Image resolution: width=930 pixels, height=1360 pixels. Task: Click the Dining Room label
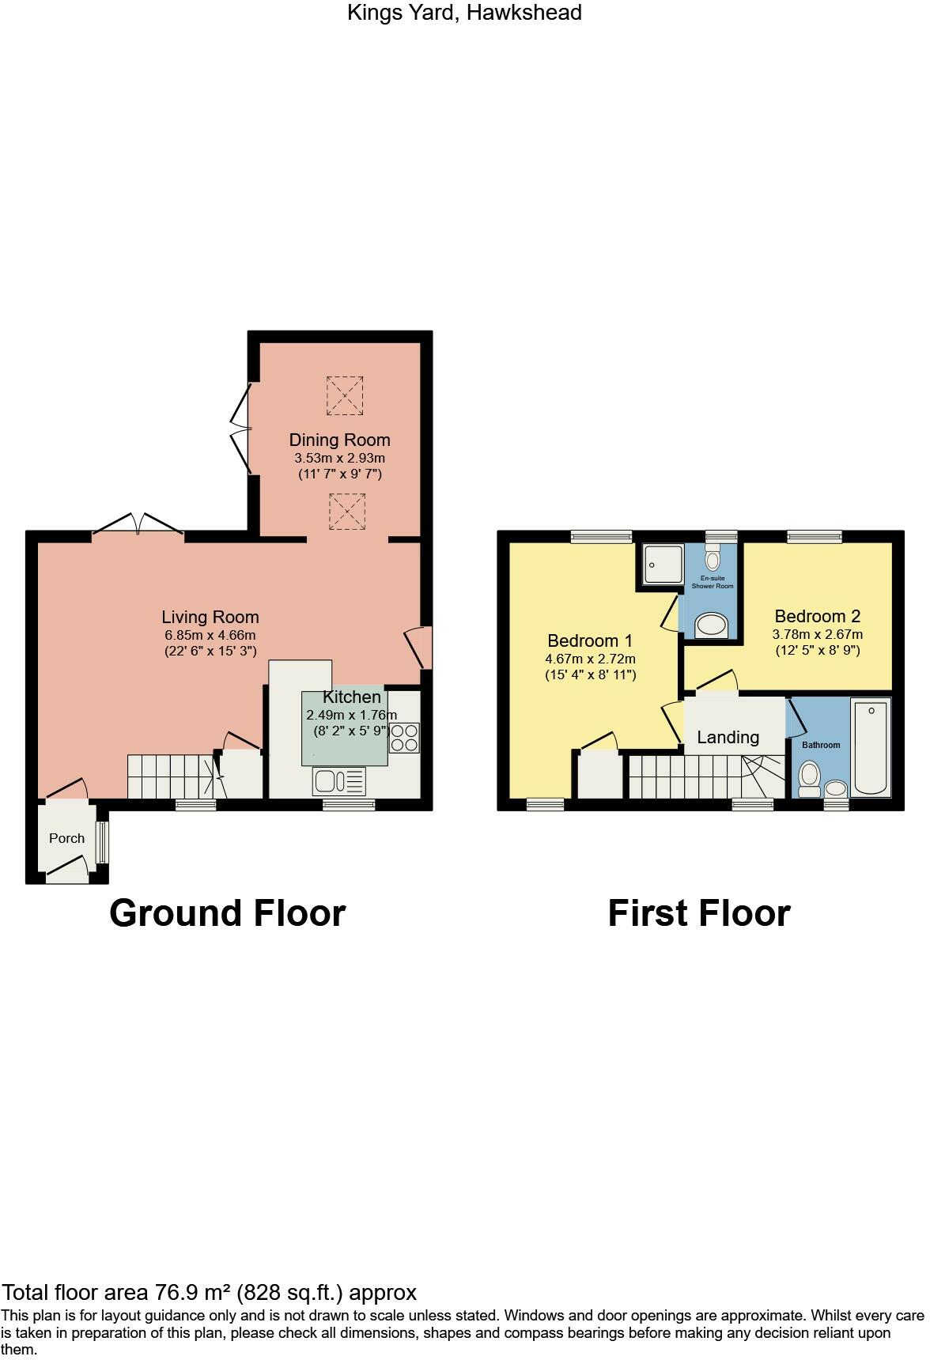339,440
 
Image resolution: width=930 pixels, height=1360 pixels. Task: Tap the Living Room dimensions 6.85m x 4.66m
210,635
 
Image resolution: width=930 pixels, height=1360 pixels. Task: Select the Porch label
66,838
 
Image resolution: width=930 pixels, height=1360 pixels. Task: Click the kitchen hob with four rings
403,737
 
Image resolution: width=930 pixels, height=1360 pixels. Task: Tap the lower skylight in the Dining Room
346,512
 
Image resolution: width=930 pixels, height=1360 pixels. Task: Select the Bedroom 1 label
590,640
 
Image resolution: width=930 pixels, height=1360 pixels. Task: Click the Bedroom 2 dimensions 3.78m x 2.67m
817,634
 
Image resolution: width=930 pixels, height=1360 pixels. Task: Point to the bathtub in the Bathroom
870,746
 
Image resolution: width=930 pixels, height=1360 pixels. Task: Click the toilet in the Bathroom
809,779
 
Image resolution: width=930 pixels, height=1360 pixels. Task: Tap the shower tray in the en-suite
663,564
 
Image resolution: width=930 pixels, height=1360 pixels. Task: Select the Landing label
728,737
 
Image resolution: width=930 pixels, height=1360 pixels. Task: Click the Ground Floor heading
227,912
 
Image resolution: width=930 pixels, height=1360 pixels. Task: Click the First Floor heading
698,912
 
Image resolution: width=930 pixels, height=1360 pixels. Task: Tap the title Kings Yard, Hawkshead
464,13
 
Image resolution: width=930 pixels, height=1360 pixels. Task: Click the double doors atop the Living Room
138,524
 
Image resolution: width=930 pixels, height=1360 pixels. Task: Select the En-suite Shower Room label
713,582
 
